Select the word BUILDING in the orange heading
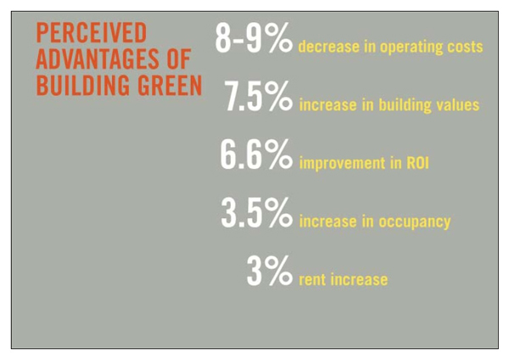click(81, 87)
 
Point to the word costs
click(464, 47)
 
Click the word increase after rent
click(358, 278)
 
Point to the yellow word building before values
click(405, 105)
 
